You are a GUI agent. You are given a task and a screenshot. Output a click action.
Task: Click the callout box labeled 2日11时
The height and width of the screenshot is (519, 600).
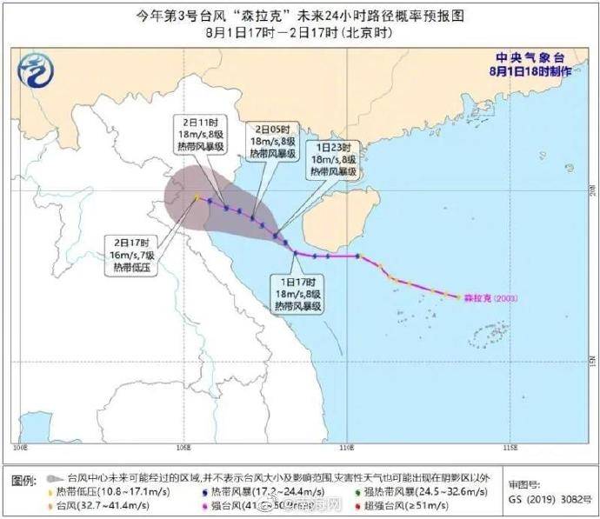pyautogui.click(x=201, y=134)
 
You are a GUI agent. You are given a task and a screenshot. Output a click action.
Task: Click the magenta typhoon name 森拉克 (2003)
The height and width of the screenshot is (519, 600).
pyautogui.click(x=491, y=297)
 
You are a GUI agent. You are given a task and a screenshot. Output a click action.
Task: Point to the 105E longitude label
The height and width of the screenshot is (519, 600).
pyautogui.click(x=183, y=449)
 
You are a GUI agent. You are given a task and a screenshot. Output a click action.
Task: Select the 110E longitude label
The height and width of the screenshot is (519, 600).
pyautogui.click(x=346, y=449)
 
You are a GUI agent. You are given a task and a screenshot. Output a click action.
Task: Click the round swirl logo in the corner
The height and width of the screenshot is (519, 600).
pyautogui.click(x=37, y=69)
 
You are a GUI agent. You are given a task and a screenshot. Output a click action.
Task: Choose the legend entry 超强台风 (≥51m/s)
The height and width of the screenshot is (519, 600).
pyautogui.click(x=424, y=506)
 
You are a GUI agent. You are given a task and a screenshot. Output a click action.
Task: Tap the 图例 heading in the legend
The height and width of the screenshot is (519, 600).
pyautogui.click(x=23, y=479)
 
